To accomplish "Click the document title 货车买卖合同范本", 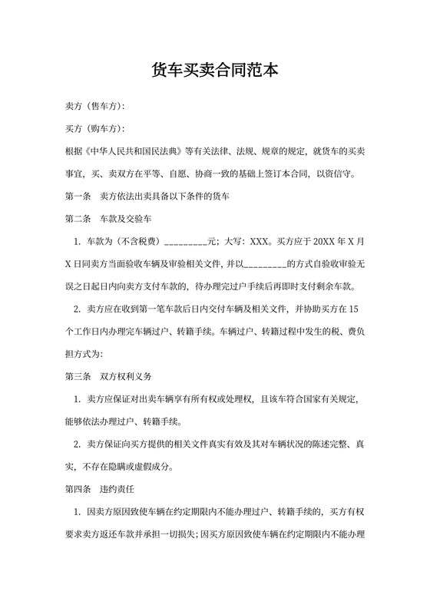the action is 215,71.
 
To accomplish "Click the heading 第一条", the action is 78,197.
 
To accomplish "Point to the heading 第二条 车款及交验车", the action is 113,220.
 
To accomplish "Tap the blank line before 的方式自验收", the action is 265,265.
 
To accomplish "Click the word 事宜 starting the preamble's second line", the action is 75,173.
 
